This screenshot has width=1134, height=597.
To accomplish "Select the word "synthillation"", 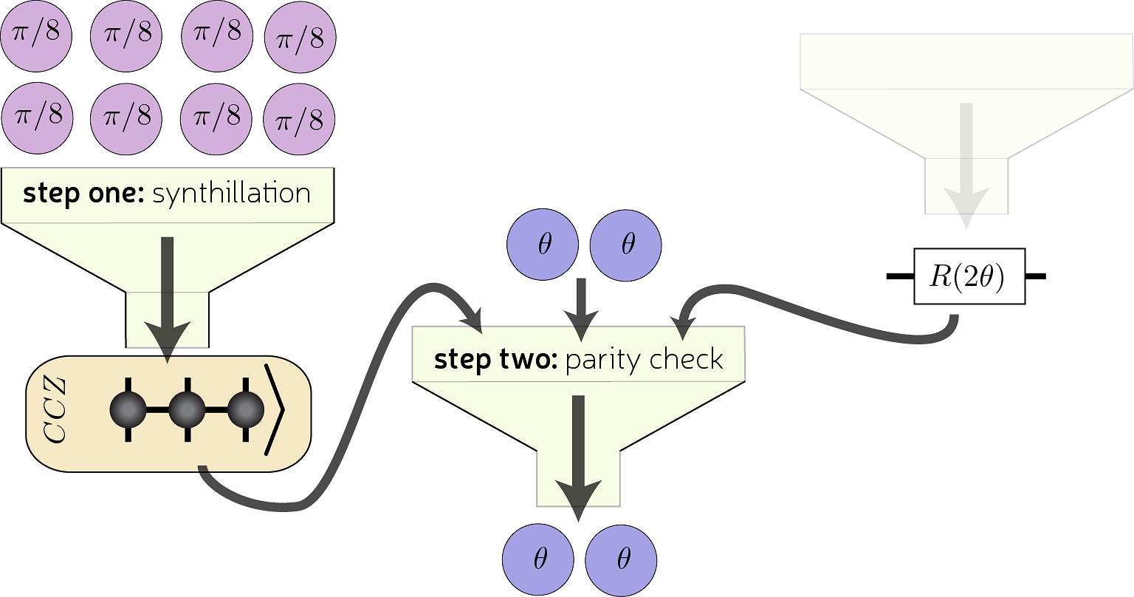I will click(x=231, y=194).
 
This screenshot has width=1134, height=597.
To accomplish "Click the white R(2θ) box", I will click(x=969, y=276).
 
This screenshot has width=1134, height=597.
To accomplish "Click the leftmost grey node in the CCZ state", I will click(x=128, y=409).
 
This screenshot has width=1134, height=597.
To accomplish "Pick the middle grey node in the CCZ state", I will click(x=187, y=409).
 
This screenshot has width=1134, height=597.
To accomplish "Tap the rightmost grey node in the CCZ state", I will click(x=246, y=409).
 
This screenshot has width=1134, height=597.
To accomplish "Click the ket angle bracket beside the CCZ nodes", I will click(x=275, y=409).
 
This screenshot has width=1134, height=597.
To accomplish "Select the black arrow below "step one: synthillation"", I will click(x=168, y=296).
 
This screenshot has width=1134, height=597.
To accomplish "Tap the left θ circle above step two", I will click(x=543, y=245).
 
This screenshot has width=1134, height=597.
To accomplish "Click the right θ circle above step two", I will click(x=626, y=245).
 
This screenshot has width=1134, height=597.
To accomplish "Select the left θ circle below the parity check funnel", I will click(x=539, y=559).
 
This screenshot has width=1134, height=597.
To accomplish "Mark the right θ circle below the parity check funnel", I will click(x=622, y=559).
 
